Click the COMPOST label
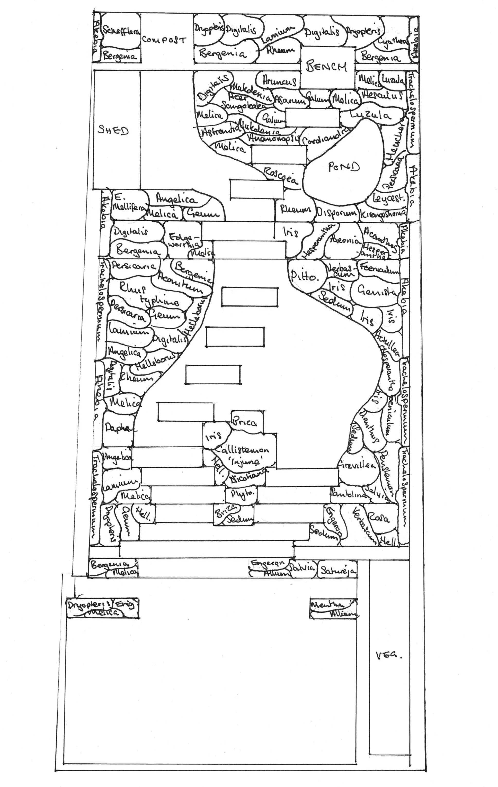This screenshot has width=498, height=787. (164, 40)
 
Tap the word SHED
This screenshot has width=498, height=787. (113, 130)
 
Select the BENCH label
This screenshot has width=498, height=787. (326, 66)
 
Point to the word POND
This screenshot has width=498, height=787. (344, 167)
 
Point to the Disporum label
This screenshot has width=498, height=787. (336, 213)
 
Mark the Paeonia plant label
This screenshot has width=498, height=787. (345, 240)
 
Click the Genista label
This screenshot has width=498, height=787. (376, 290)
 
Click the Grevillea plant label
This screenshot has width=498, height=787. (357, 465)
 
